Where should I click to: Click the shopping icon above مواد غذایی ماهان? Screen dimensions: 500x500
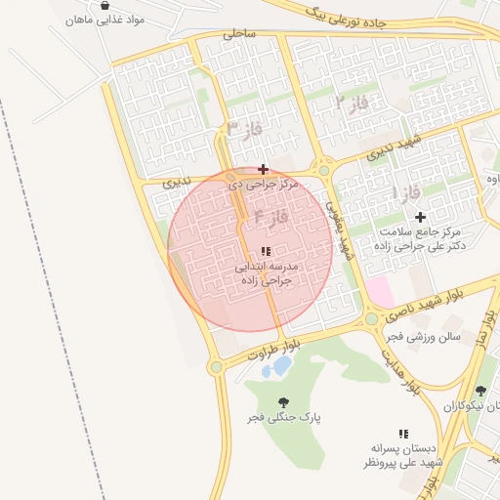104,5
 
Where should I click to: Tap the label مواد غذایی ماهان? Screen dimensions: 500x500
104,20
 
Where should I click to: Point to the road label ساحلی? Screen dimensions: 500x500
238,33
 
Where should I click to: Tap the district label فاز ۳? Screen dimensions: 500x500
245,128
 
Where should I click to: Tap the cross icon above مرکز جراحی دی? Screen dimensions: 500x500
263,169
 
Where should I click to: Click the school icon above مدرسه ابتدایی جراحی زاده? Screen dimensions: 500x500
266,251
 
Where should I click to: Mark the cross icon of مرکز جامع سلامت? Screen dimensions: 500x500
420,217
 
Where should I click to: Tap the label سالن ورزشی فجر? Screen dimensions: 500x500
421,336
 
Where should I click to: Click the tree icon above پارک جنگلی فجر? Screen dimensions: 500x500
283,402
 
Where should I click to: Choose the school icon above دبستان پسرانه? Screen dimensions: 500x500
401,433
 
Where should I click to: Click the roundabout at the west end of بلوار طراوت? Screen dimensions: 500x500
216,367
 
